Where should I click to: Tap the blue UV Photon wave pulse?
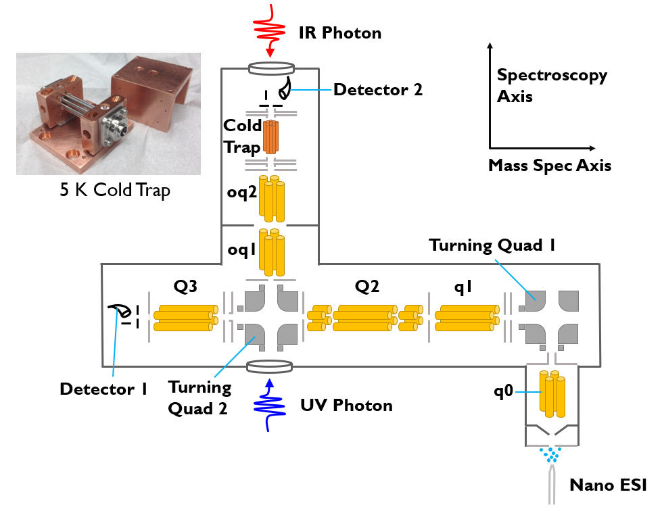point(269,406)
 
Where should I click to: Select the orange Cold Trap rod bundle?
point(270,137)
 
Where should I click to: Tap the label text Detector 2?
point(378,89)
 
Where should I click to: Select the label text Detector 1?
point(103,389)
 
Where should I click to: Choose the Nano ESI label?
point(609,485)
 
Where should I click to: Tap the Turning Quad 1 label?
point(492,245)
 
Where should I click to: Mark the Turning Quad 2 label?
point(199,398)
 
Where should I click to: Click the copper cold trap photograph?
point(108,114)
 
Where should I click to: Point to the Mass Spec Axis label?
point(550,165)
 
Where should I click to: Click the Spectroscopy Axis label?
point(552,85)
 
